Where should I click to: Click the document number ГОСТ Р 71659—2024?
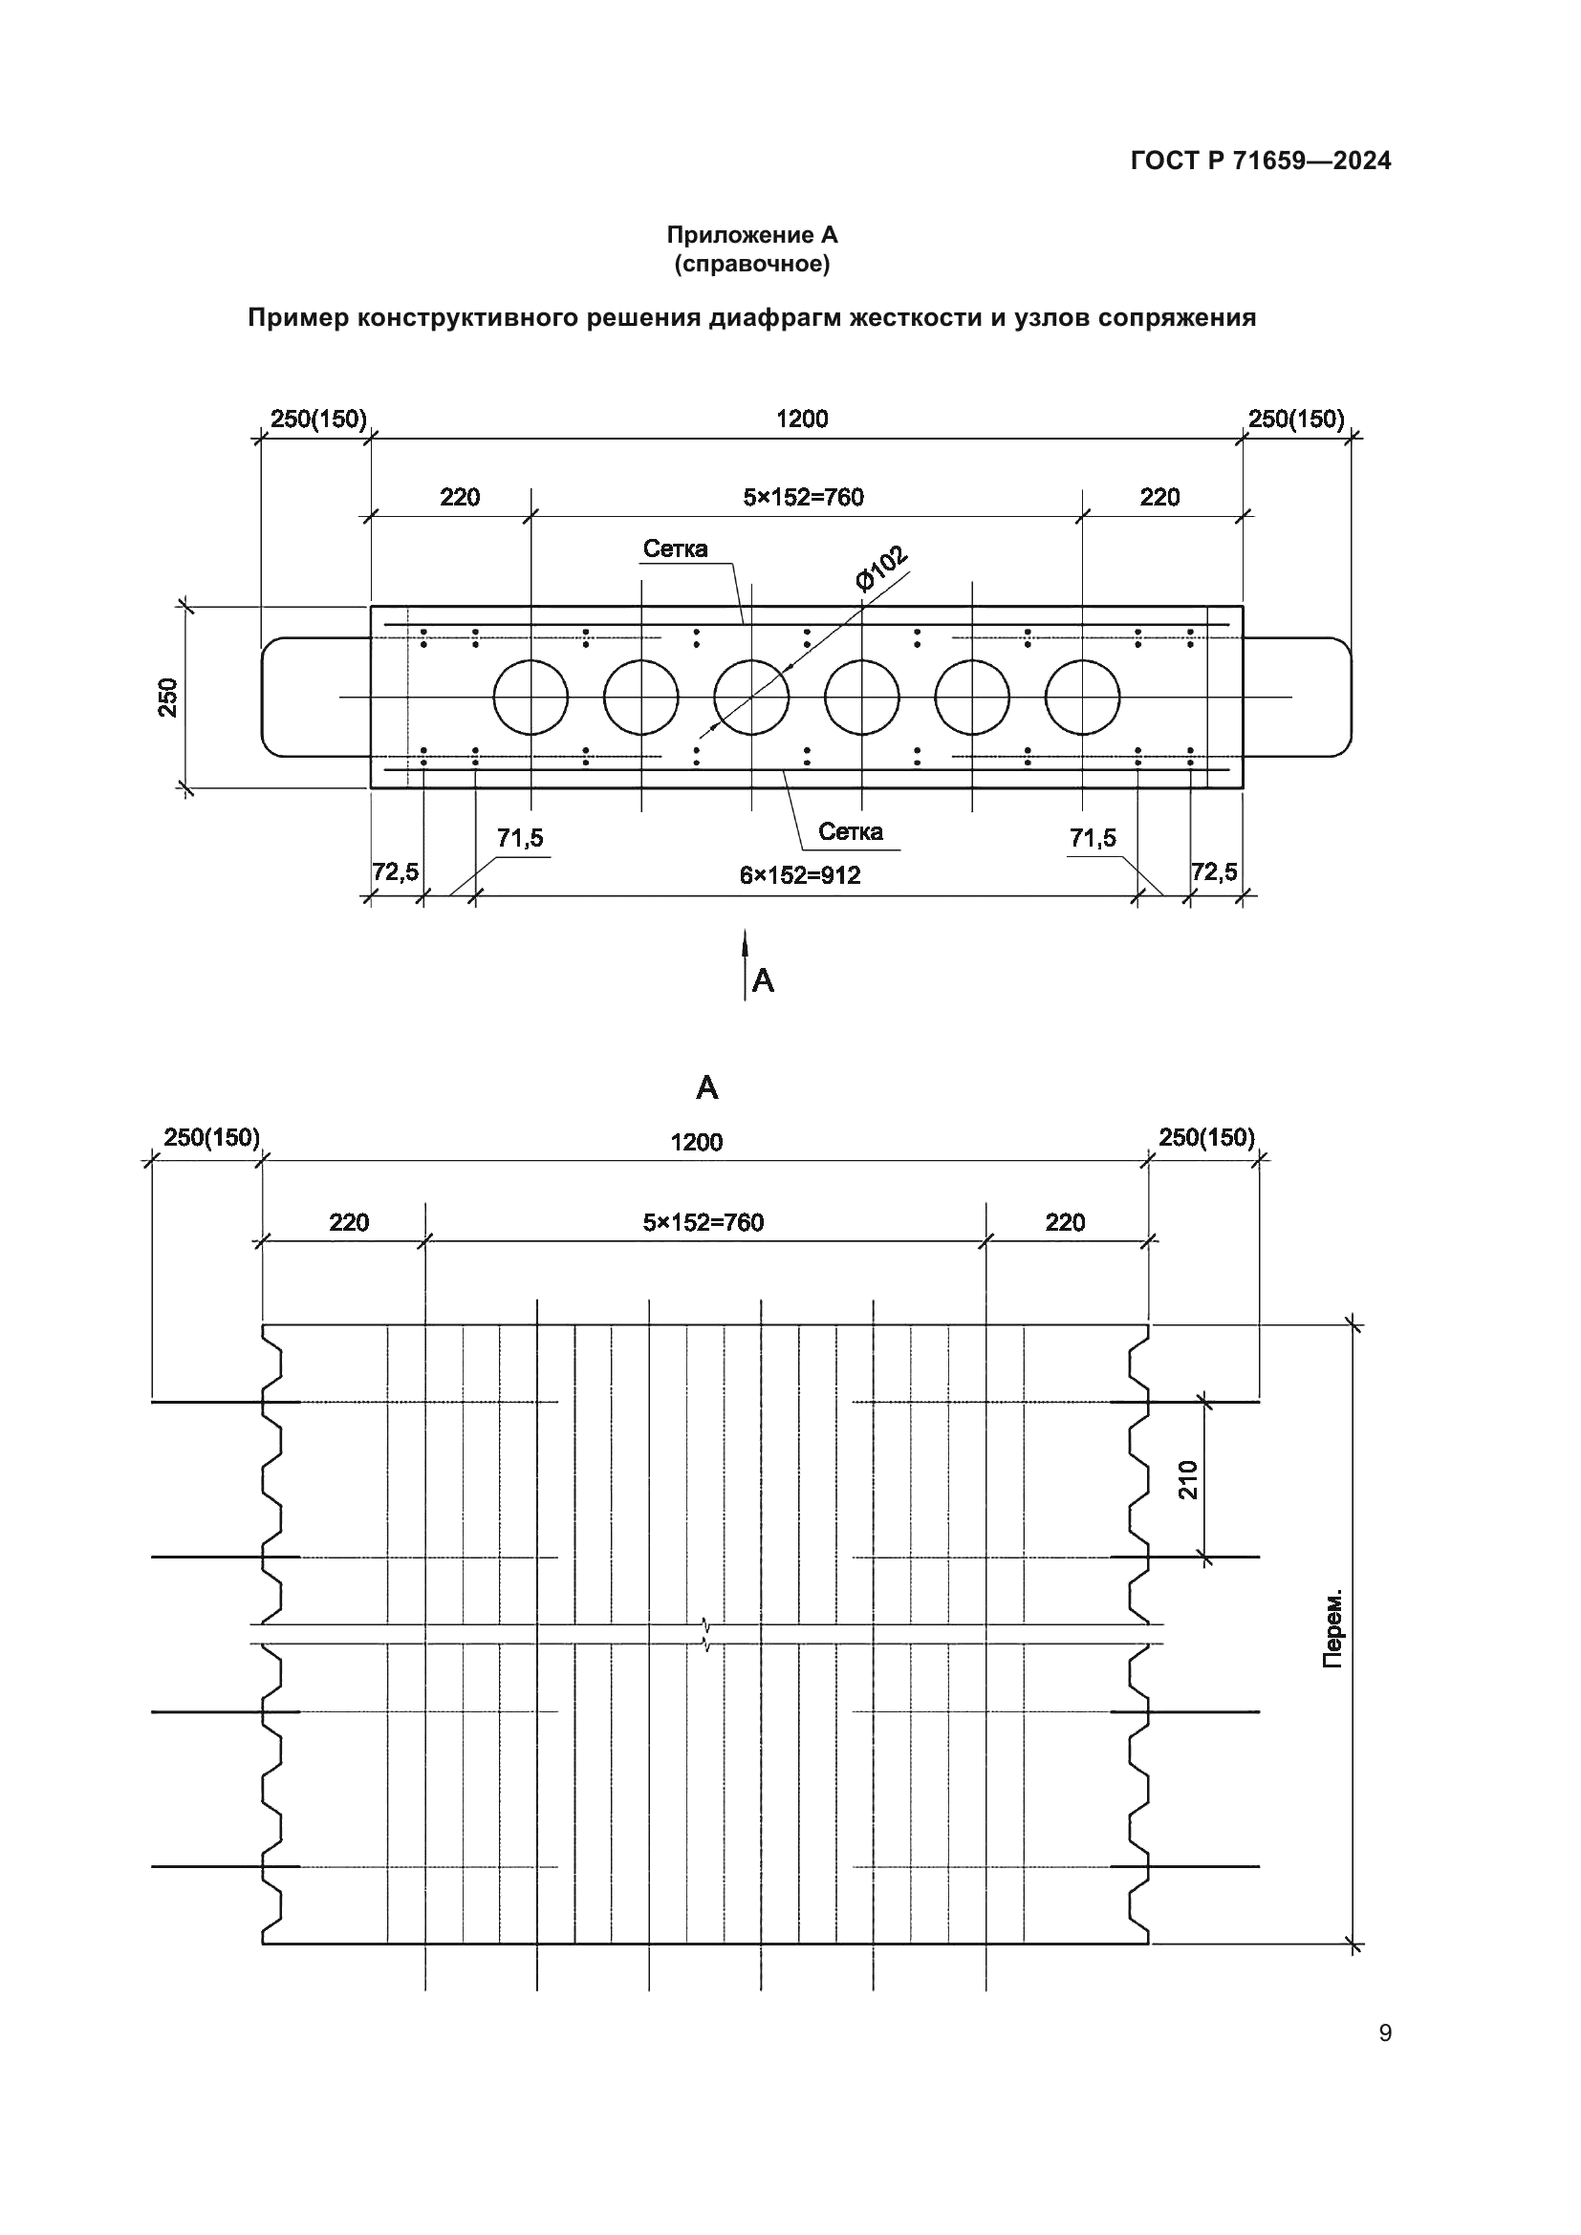[x=1260, y=161]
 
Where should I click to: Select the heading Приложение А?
[x=751, y=235]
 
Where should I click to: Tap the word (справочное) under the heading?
[x=751, y=264]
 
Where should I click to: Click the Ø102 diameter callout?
[x=881, y=568]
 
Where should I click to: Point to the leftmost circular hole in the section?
[x=531, y=697]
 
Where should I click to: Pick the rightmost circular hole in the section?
[x=1083, y=697]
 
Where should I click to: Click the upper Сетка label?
[x=676, y=549]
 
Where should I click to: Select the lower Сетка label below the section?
[x=850, y=831]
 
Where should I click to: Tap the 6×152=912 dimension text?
[x=799, y=875]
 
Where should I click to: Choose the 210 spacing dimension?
[x=1189, y=1479]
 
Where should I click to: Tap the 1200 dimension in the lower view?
[x=696, y=1142]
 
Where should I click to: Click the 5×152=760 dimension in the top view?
[x=803, y=498]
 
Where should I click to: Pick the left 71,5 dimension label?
[x=520, y=838]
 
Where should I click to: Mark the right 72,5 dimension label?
[x=1214, y=872]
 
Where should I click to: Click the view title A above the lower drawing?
[x=706, y=1087]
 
